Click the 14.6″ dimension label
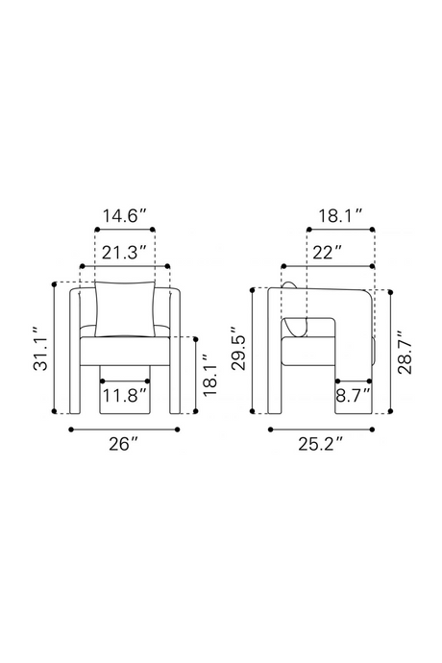[125, 216]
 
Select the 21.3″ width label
[124, 253]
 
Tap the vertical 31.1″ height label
[41, 349]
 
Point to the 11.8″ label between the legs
[126, 396]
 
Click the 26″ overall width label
[124, 444]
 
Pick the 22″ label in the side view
[327, 253]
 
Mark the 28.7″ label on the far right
[405, 352]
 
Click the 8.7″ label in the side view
[354, 396]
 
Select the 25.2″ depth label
[320, 444]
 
